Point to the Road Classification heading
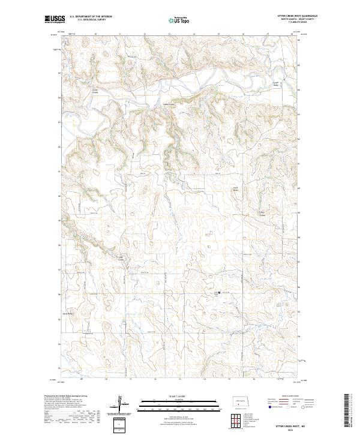290,396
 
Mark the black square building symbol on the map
220,293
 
